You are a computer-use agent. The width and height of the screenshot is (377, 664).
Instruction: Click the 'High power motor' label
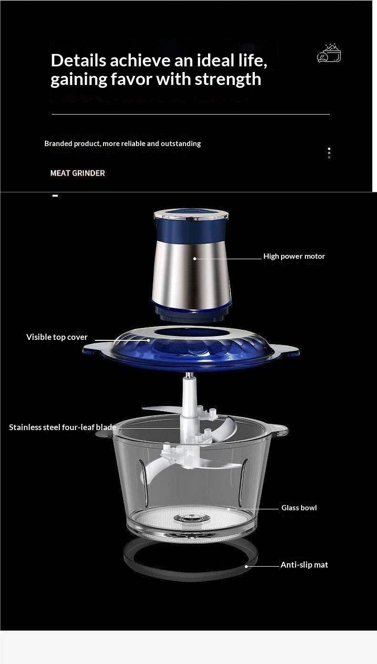pos(294,256)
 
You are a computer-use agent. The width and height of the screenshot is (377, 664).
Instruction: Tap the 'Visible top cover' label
pos(57,337)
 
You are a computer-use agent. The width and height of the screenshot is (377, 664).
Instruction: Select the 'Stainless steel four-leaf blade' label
pos(63,427)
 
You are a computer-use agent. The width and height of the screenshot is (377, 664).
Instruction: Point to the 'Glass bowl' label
pos(299,508)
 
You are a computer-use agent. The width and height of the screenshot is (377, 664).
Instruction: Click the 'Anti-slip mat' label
pos(304,565)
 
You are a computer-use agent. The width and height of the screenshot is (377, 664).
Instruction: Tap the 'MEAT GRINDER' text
pos(78,173)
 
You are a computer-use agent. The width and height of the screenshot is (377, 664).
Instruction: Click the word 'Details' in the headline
pos(79,61)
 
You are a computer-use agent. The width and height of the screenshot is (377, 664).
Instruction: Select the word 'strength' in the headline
pos(228,79)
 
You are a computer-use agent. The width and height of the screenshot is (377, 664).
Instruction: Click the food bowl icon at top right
pos(329,53)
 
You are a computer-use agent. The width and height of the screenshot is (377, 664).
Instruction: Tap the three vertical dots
pos(329,153)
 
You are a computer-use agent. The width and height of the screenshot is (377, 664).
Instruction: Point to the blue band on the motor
pos(191,230)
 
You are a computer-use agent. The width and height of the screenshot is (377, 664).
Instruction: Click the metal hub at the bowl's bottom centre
pos(192,518)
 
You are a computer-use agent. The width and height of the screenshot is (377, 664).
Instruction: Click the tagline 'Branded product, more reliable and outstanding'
pos(123,144)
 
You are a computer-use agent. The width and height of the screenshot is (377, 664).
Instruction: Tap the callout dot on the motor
pos(195,258)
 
